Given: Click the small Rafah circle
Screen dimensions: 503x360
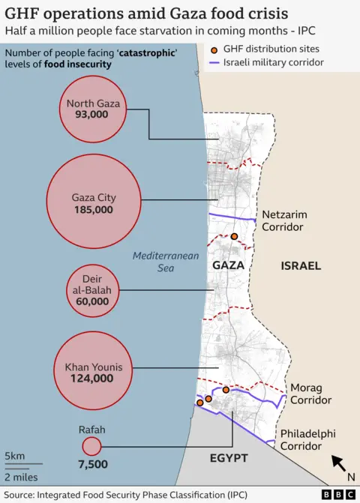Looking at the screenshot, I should coord(91,447).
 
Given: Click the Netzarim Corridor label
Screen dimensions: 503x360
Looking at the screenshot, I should coord(284,220).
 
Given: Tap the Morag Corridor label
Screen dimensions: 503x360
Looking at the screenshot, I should coord(310,394).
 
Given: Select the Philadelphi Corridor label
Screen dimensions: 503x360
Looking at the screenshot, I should coord(307,440).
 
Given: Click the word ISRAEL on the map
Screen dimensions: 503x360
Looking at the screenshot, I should coord(301,265).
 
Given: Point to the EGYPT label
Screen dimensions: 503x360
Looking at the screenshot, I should coord(229,458).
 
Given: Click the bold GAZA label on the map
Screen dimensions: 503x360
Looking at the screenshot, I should coord(229,265).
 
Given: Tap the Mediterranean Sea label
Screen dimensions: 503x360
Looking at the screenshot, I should coord(166,262).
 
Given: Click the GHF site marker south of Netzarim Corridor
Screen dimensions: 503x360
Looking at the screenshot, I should coord(234,237).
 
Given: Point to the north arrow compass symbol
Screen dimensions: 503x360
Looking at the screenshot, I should coord(339,463).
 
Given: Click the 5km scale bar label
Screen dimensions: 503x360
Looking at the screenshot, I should coord(14,457).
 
